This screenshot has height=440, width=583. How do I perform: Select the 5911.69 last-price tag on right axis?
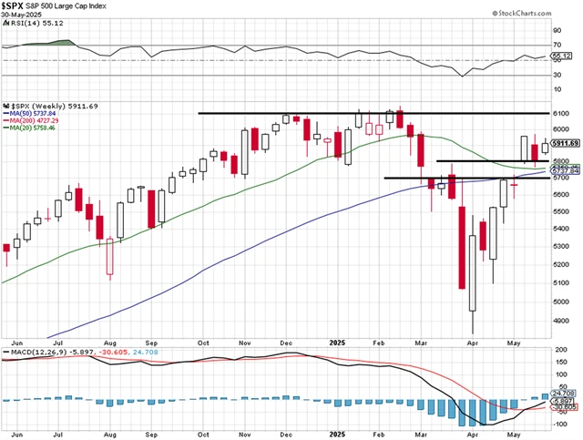pyautogui.click(x=565, y=143)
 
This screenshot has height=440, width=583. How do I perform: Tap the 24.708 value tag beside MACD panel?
pyautogui.click(x=565, y=392)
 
